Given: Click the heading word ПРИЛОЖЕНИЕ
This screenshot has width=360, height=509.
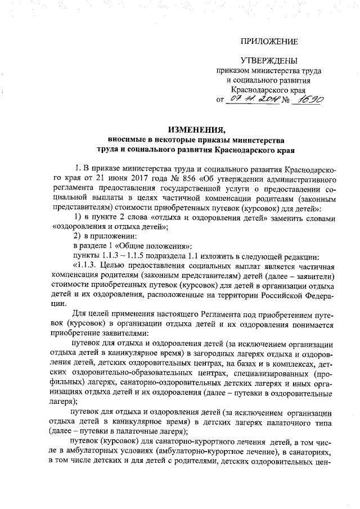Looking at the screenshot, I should tap(269, 42).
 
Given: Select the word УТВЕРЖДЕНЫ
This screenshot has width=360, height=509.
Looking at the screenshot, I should tap(269, 60).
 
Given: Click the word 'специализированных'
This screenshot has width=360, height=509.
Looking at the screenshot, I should tap(277, 373).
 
